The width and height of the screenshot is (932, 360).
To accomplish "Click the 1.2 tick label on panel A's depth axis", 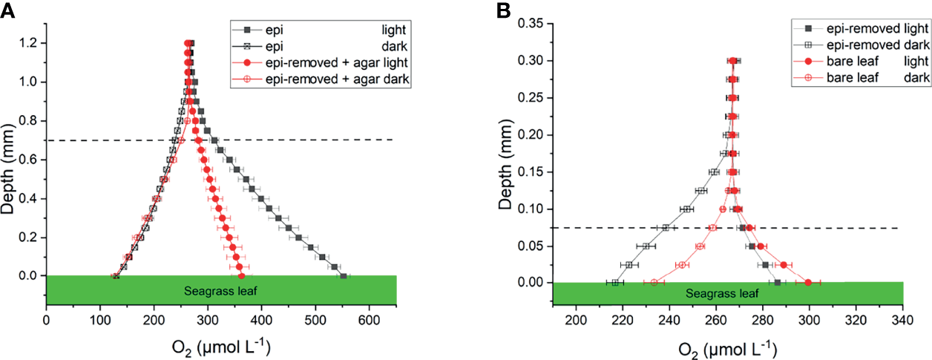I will [28, 43].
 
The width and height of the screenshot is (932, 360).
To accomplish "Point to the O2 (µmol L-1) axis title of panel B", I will [728, 347].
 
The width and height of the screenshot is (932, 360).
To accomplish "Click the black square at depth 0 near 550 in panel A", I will [343, 276].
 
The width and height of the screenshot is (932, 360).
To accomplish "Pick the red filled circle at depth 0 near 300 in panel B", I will [808, 282].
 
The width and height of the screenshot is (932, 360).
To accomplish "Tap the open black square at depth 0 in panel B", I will [615, 282].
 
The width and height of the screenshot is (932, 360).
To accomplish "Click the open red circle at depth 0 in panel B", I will [654, 282].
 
